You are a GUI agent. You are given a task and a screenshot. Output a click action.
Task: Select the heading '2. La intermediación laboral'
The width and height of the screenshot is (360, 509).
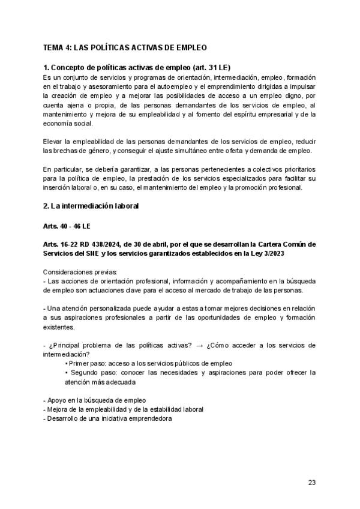point(91,206)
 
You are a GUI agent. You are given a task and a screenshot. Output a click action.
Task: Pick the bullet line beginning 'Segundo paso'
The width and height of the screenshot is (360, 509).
point(190,373)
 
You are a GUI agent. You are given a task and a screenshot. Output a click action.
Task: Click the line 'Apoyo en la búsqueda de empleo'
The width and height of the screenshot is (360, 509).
point(95,400)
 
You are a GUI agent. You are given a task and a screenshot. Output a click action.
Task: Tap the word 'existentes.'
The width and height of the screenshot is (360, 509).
point(60,327)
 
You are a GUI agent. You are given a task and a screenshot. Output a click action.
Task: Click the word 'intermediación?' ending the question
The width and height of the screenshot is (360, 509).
point(67,354)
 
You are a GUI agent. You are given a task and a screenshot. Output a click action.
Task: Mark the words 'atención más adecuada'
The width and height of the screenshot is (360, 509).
point(100,382)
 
